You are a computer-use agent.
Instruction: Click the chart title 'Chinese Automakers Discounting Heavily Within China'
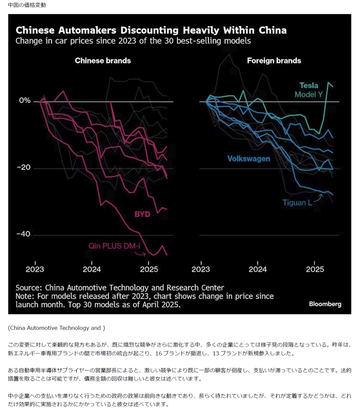[x=151, y=30]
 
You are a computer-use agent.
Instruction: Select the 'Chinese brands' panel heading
[x=103, y=61]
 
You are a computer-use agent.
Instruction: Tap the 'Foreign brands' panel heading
[x=274, y=61]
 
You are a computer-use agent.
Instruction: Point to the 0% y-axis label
[x=25, y=100]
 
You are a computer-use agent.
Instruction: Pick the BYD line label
[x=142, y=214]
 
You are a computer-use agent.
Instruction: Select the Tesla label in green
[x=309, y=85]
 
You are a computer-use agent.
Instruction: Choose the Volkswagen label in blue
[x=249, y=159]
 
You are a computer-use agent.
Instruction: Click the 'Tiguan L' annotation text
[x=297, y=202]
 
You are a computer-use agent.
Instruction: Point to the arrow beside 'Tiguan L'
[x=319, y=197]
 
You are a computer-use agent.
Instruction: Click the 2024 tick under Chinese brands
[x=92, y=269]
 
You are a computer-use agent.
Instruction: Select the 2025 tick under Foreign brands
[x=315, y=269]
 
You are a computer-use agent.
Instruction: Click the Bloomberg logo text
[x=325, y=304]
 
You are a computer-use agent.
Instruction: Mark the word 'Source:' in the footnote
[x=29, y=287]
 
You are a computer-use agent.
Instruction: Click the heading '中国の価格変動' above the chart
[x=27, y=5]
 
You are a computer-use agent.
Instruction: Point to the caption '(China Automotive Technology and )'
[x=56, y=328]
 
